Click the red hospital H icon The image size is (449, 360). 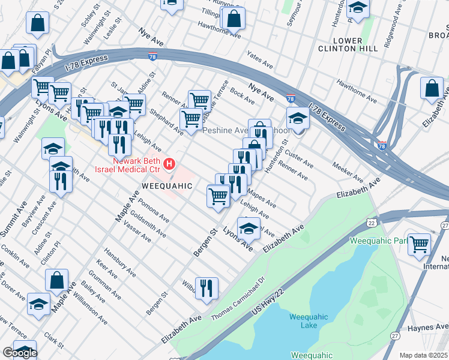170,163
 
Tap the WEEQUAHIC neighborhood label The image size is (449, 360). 167,186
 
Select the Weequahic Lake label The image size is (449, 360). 309,321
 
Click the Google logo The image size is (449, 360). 19,353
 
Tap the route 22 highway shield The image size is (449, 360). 372,223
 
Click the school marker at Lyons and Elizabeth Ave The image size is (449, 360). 249,228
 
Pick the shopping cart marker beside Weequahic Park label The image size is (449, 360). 419,244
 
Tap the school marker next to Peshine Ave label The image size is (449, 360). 297,118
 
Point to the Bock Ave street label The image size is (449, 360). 242,95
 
